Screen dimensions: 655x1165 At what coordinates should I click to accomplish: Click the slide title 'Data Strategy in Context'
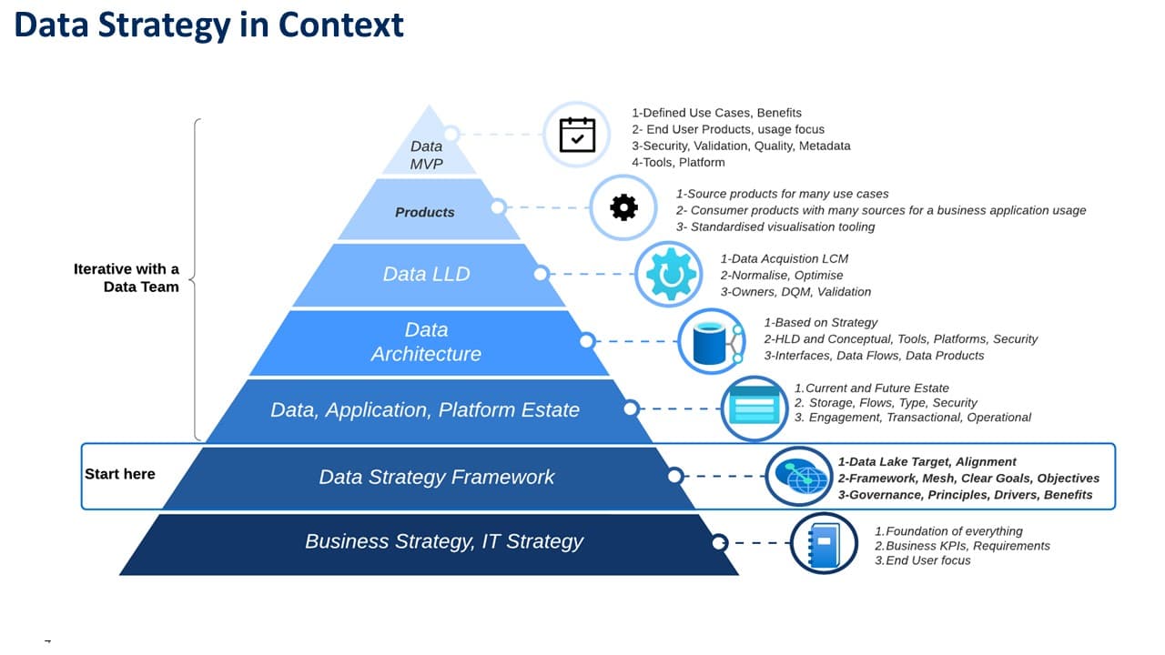(x=208, y=25)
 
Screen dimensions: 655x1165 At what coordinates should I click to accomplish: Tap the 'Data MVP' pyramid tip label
(x=426, y=154)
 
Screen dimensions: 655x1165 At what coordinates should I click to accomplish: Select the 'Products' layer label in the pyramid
(x=424, y=212)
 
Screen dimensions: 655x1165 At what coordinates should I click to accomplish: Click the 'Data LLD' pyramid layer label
(x=426, y=274)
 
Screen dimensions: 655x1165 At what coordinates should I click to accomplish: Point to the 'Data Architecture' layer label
(x=426, y=341)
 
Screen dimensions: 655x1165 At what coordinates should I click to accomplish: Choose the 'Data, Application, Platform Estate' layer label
(x=425, y=409)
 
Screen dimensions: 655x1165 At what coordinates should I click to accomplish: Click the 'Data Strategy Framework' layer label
(x=436, y=477)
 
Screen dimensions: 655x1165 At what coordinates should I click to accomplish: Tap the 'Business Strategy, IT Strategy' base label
(x=444, y=541)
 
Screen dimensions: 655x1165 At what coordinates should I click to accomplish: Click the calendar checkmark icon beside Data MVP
(x=577, y=135)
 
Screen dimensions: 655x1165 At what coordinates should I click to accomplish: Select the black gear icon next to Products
(x=623, y=208)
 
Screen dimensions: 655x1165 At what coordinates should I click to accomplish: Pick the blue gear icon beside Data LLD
(x=668, y=273)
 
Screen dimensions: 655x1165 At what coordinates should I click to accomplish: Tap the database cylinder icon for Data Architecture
(x=712, y=342)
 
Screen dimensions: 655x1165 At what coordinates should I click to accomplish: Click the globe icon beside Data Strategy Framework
(x=798, y=477)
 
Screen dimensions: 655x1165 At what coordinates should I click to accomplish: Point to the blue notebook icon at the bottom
(x=824, y=543)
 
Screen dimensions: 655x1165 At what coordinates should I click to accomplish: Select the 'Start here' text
(x=120, y=474)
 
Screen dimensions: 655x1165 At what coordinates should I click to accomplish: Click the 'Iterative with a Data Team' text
(x=127, y=277)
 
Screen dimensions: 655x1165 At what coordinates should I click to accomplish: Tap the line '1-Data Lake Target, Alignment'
(x=927, y=462)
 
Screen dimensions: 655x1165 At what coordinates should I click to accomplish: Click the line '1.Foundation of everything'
(x=948, y=531)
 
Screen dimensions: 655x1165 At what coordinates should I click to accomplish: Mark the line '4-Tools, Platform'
(x=678, y=163)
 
